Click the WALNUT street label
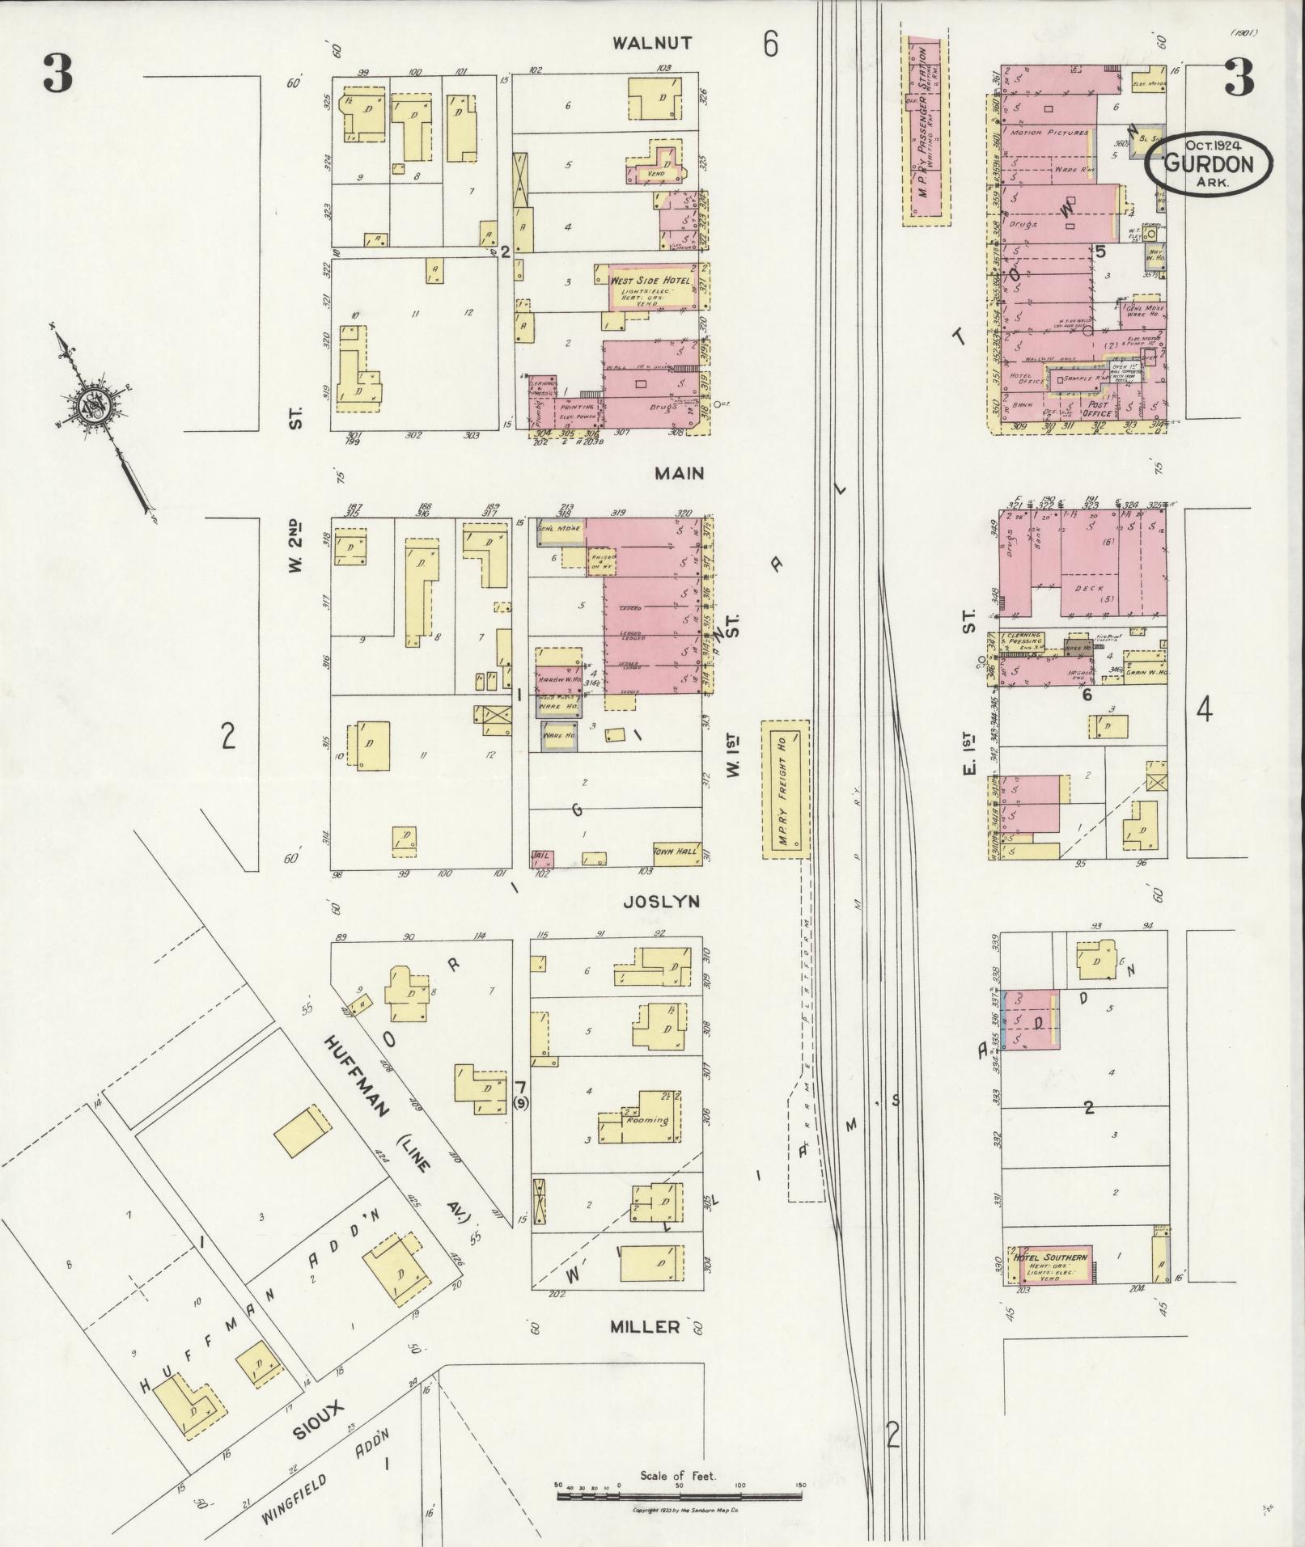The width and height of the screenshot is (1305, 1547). pyautogui.click(x=651, y=44)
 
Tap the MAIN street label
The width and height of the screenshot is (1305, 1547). pyautogui.click(x=680, y=474)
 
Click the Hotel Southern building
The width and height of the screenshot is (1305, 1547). pyautogui.click(x=1050, y=1274)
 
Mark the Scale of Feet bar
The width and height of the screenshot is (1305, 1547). pyautogui.click(x=678, y=1496)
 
